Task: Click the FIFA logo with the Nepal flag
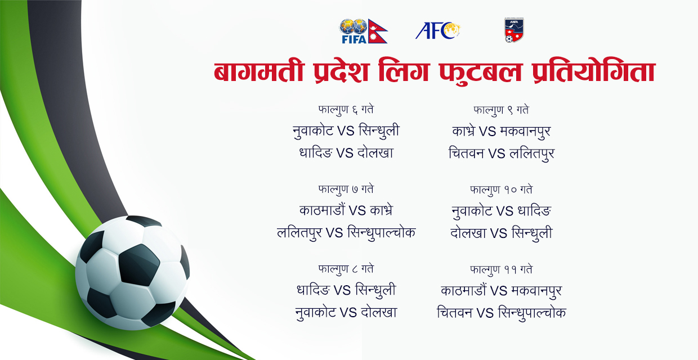click(363, 31)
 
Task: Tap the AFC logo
click(438, 30)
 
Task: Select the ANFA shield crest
click(513, 30)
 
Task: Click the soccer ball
click(132, 272)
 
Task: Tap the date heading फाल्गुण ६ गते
click(346, 110)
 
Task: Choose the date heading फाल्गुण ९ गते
click(501, 110)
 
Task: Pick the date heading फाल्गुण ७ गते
click(346, 190)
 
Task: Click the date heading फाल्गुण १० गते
click(501, 190)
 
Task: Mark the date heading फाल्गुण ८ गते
click(346, 269)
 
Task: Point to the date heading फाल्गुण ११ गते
click(501, 269)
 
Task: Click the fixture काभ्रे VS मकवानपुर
click(501, 131)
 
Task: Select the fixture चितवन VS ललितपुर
click(501, 153)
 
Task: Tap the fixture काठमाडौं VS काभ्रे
click(346, 211)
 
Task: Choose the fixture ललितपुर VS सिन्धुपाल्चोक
click(346, 233)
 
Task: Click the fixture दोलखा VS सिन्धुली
click(501, 233)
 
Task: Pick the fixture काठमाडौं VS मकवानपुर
click(501, 291)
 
